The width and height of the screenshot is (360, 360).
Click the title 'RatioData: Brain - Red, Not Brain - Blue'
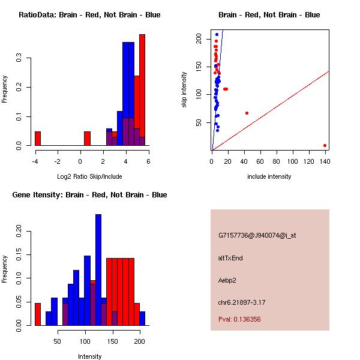[x=89, y=15]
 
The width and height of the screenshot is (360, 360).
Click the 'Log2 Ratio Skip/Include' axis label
[x=89, y=177]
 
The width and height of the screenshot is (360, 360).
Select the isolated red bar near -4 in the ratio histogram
[x=38, y=138]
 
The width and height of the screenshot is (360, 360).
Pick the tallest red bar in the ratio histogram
[x=142, y=90]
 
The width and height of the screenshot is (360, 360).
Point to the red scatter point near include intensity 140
[x=325, y=145]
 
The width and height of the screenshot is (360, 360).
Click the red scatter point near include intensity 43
[x=247, y=113]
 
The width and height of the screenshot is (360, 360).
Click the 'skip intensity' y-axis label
[x=185, y=90]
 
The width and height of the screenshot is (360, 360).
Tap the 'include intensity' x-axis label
[x=269, y=177]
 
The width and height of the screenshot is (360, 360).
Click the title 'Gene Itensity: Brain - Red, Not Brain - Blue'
[x=89, y=195]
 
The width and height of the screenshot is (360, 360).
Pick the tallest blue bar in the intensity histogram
[x=98, y=269]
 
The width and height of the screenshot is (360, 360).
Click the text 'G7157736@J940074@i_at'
[x=257, y=235]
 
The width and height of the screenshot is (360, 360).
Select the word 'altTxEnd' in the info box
[x=231, y=258]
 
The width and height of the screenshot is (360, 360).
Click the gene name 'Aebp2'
[x=228, y=280]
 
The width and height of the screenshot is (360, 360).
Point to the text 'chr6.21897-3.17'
[x=242, y=302]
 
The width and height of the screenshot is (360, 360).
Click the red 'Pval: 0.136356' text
[x=239, y=319]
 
